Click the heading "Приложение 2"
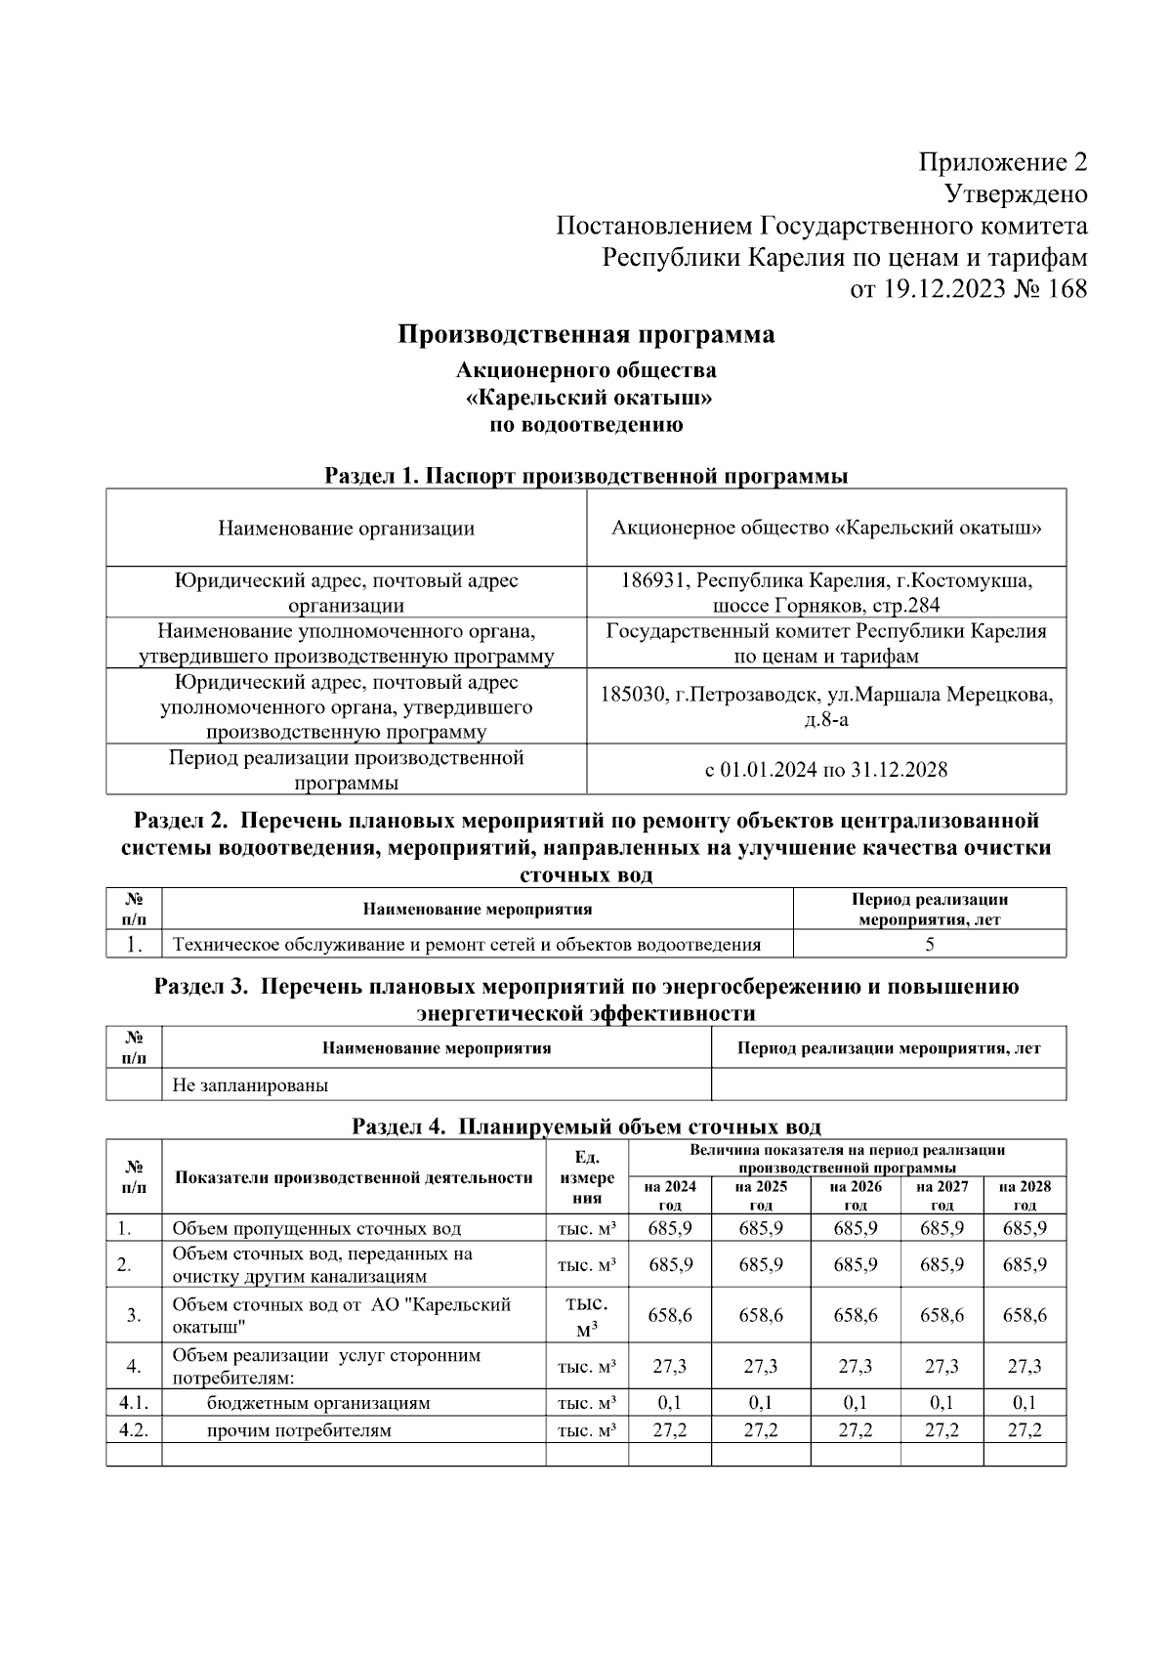[x=1003, y=162]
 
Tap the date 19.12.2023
[x=943, y=289]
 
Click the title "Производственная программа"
[x=586, y=335]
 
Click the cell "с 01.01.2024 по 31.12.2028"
[x=826, y=770]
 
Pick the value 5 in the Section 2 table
[x=929, y=944]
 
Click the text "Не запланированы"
[x=250, y=1084]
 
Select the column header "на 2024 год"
[x=670, y=1195]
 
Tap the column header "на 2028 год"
[x=1025, y=1195]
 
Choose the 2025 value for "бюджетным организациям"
[x=761, y=1403]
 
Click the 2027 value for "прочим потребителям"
[x=942, y=1430]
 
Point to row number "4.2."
[x=133, y=1430]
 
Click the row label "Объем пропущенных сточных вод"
[x=316, y=1228]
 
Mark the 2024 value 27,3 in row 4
[x=670, y=1366]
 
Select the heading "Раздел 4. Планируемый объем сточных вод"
[x=586, y=1126]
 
